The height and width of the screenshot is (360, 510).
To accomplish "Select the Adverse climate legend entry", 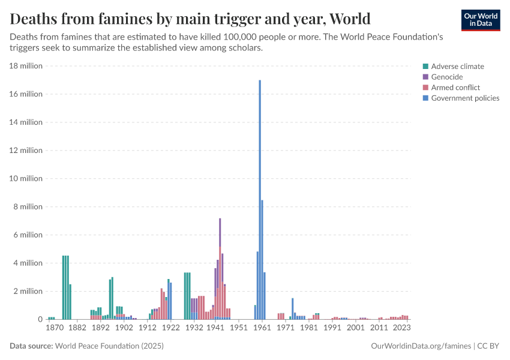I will pyautogui.click(x=457, y=67).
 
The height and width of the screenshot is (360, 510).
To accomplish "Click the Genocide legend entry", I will pyautogui.click(x=448, y=77).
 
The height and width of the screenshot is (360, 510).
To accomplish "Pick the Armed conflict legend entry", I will pyautogui.click(x=455, y=88).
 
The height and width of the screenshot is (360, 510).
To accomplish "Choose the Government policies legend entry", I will pyautogui.click(x=465, y=98).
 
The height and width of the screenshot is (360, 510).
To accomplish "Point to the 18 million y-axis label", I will pyautogui.click(x=26, y=66).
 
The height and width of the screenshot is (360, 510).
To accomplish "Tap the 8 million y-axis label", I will pyautogui.click(x=28, y=207).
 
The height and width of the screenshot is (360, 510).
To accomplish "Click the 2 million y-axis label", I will pyautogui.click(x=28, y=292).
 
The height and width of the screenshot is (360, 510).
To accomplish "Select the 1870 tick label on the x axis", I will pyautogui.click(x=54, y=328).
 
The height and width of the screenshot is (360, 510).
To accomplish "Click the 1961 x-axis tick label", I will pyautogui.click(x=262, y=328).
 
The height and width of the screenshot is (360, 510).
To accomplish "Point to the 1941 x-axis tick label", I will pyautogui.click(x=215, y=328).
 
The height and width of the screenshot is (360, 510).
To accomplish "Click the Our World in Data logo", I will pyautogui.click(x=481, y=20).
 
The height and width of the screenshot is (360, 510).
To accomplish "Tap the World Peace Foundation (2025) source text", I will pyautogui.click(x=109, y=346).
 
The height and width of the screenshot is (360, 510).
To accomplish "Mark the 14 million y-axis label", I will pyautogui.click(x=26, y=122).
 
